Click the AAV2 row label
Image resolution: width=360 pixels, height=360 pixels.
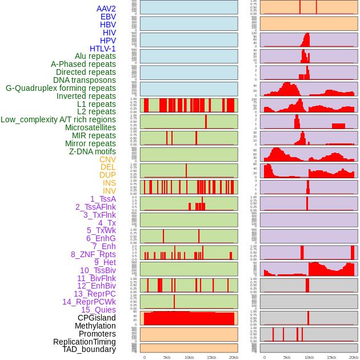click(106, 9)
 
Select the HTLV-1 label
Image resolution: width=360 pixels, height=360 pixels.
click(103, 49)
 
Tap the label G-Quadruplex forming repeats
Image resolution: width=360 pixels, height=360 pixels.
click(61, 88)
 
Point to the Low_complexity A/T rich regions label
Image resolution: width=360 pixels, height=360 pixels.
click(58, 119)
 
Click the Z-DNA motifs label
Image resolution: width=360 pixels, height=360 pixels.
click(93, 151)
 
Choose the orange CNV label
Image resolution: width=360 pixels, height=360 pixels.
click(107, 159)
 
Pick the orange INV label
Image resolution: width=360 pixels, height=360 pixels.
click(109, 191)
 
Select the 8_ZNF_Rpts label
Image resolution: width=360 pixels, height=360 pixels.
click(93, 254)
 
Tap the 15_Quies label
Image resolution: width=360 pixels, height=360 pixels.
click(98, 310)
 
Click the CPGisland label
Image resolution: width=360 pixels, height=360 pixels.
click(97, 318)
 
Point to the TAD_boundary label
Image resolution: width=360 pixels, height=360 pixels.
click(89, 349)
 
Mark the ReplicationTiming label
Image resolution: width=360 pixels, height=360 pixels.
click(85, 342)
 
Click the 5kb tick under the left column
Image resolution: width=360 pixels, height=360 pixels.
click(167, 357)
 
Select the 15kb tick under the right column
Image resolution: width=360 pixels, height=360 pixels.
click(331, 357)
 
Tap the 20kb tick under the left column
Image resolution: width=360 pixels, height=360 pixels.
click(233, 357)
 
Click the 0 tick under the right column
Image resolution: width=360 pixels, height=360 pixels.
click(264, 357)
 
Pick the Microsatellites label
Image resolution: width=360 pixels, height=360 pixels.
click(90, 127)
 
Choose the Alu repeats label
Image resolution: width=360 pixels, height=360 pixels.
click(95, 56)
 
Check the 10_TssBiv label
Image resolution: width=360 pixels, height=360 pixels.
click(98, 270)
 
